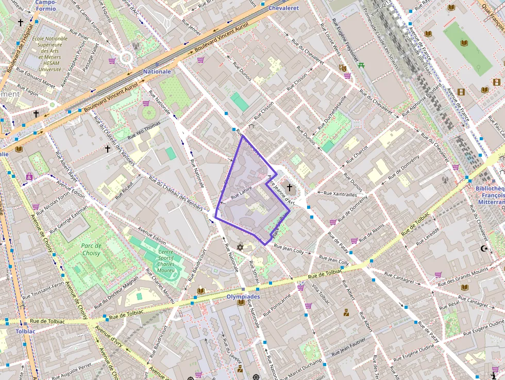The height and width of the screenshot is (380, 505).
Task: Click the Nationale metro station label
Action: pos(157,71)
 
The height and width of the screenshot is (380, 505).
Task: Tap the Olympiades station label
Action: pos(243,296)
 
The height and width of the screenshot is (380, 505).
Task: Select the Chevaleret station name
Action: pos(283,8)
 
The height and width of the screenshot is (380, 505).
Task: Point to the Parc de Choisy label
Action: pos(91,250)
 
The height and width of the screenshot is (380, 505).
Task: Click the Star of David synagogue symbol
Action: pos(240,247)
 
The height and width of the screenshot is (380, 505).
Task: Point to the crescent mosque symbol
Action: pos(483,249)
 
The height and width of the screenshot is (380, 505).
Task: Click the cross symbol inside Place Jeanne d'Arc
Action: pos(289,187)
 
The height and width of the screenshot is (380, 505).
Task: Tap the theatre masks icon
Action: pos(342,68)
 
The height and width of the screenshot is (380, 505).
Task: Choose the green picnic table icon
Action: pos(361,65)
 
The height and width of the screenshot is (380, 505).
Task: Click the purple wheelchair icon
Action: pos(29,176)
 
